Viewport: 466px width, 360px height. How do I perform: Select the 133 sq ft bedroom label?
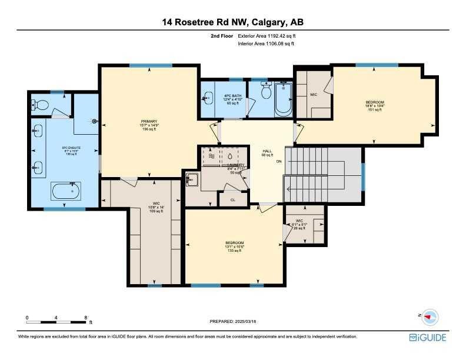tap(234, 246)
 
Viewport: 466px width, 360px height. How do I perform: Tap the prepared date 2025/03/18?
tap(234, 322)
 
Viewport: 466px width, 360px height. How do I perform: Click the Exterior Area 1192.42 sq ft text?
tap(265, 36)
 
